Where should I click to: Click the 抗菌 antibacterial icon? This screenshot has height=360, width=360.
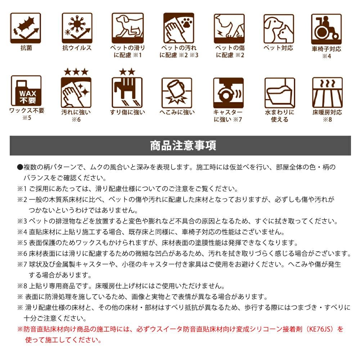pyautogui.click(x=26, y=28)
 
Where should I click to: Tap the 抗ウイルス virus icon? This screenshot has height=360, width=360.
pyautogui.click(x=77, y=28)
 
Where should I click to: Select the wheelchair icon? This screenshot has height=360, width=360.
pyautogui.click(x=326, y=29)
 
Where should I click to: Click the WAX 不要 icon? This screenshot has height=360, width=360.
pyautogui.click(x=26, y=91)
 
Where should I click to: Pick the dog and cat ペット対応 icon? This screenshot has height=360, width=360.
pyautogui.click(x=279, y=29)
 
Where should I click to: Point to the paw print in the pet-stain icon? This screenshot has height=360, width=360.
pyautogui.click(x=186, y=23)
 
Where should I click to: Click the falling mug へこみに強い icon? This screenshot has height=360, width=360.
pyautogui.click(x=177, y=93)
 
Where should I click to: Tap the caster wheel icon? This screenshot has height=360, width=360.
pyautogui.click(x=229, y=93)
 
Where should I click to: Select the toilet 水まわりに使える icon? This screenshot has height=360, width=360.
pyautogui.click(x=280, y=93)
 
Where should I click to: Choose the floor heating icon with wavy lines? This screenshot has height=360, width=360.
pyautogui.click(x=327, y=93)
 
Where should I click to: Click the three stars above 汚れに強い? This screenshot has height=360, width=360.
pyautogui.click(x=76, y=72)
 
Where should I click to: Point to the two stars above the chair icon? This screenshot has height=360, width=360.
pyautogui.click(x=127, y=72)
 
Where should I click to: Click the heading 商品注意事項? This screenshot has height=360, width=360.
pyautogui.click(x=183, y=145)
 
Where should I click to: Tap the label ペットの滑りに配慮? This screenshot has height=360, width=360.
pyautogui.click(x=128, y=51)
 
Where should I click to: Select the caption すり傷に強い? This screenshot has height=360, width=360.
pyautogui.click(x=127, y=112)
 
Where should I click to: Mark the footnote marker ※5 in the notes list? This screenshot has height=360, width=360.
pyautogui.click(x=22, y=243)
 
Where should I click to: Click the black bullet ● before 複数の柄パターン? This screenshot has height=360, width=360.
pyautogui.click(x=20, y=167)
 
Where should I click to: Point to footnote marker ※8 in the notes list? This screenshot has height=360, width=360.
pyautogui.click(x=22, y=286)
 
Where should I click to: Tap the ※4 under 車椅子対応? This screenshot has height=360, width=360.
pyautogui.click(x=327, y=56)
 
